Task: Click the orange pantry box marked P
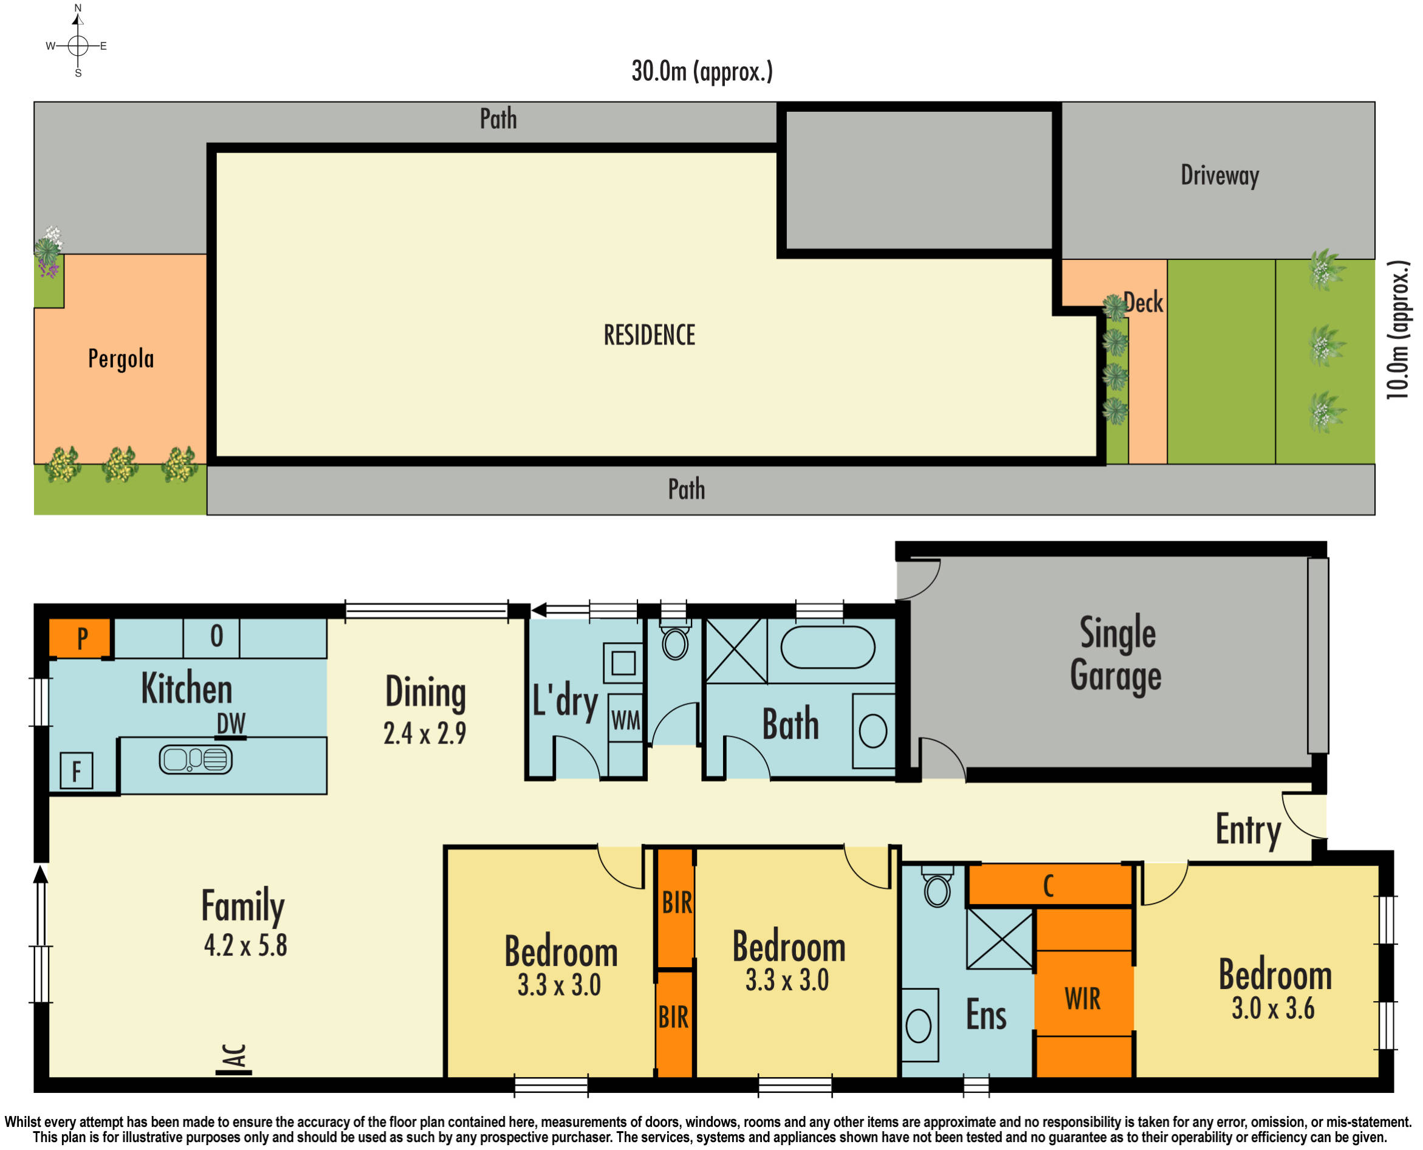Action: [80, 638]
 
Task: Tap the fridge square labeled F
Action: [76, 771]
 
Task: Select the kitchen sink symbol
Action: [196, 759]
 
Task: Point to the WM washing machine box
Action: [625, 720]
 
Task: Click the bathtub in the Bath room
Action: [828, 647]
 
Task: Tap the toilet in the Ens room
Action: [937, 889]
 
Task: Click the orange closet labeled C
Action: [1049, 886]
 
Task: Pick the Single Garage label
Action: [1116, 654]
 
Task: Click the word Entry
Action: [1248, 830]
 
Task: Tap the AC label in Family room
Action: [236, 1056]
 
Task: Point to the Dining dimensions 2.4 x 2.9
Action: [425, 733]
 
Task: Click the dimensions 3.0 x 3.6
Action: [1272, 1009]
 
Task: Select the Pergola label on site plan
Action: [122, 358]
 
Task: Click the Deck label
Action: [1144, 303]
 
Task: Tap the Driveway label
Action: [1219, 176]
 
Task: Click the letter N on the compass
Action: [78, 8]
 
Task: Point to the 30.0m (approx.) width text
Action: [702, 72]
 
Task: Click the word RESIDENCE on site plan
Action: [650, 335]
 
